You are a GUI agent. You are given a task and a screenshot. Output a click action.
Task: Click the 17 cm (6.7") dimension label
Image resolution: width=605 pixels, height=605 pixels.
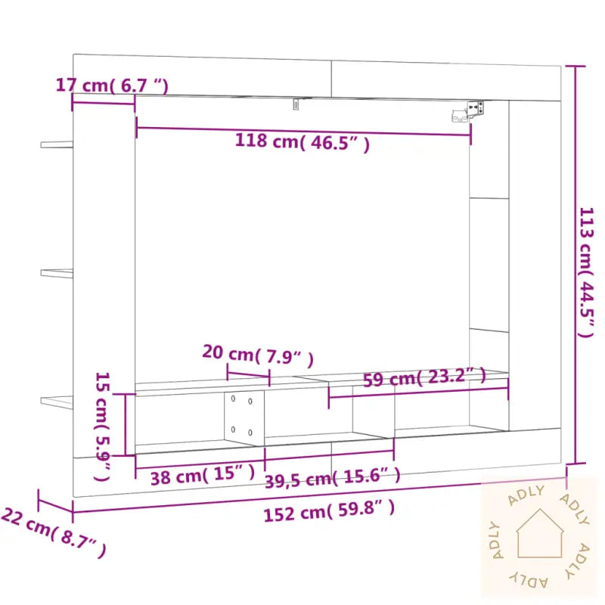point(112,85)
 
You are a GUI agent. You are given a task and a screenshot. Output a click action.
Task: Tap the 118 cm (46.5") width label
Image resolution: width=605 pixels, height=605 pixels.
point(302,142)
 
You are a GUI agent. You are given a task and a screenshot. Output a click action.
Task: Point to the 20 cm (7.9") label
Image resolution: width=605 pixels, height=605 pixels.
point(257,354)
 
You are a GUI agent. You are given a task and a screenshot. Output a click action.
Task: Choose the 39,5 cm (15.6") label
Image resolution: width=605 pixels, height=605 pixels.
point(331,476)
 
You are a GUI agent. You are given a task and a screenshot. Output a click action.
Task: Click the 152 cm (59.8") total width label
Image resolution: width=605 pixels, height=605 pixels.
point(329,512)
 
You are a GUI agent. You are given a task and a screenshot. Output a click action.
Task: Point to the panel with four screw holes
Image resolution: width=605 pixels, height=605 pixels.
point(244,416)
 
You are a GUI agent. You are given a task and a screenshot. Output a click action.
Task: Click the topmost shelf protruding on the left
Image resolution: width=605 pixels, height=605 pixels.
point(57,143)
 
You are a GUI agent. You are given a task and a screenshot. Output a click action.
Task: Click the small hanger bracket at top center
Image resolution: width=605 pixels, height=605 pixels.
point(296,104)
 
